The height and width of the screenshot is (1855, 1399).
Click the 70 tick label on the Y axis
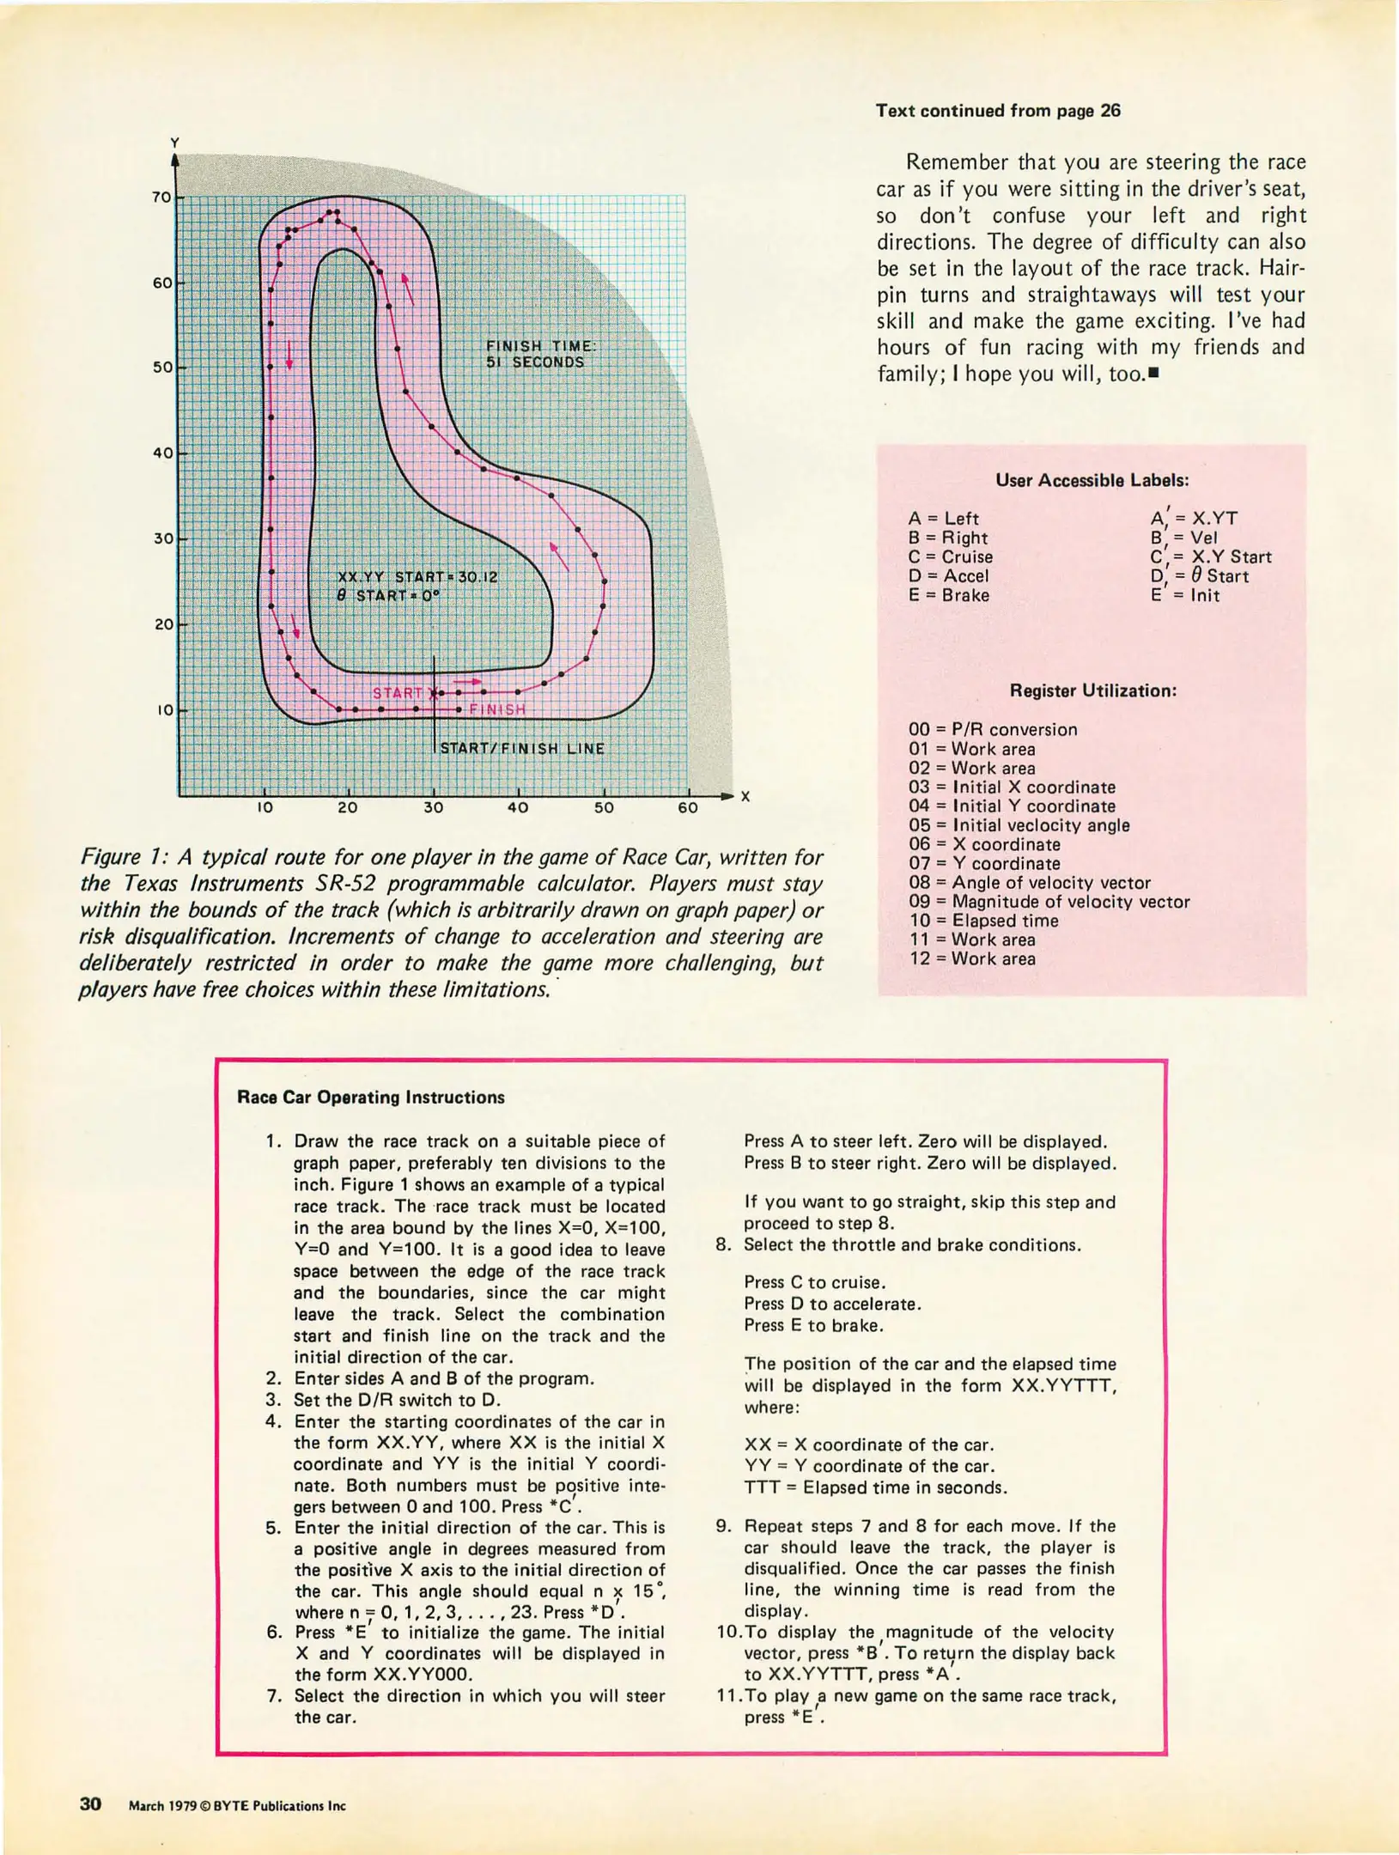[161, 198]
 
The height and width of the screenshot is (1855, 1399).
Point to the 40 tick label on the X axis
[518, 808]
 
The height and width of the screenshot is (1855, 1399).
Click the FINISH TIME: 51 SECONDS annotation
[540, 354]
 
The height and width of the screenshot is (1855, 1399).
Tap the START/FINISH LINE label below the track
[522, 748]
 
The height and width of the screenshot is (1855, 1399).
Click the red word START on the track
[398, 693]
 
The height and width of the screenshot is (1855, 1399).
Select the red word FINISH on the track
[497, 709]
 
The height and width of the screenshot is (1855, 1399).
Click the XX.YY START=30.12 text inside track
[417, 577]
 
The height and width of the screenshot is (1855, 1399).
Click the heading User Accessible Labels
[1092, 480]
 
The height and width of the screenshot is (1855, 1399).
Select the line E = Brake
[948, 595]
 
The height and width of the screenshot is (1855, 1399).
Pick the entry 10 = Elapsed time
[983, 921]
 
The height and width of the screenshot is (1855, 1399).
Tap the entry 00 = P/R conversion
[993, 729]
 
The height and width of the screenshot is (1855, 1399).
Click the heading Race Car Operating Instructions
[370, 1098]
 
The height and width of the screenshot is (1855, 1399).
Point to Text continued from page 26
[998, 111]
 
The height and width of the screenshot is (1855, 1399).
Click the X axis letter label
[745, 797]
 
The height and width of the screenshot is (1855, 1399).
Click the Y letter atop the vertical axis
[174, 143]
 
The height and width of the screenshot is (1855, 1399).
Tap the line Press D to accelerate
[832, 1304]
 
